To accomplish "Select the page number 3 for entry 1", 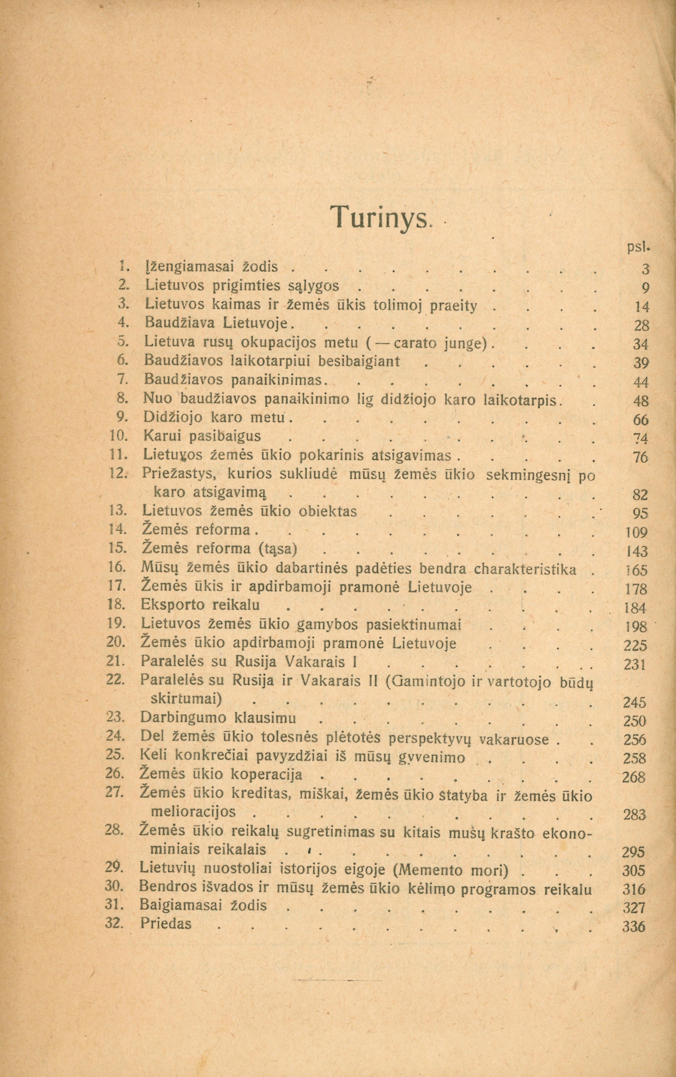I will (x=644, y=269).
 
